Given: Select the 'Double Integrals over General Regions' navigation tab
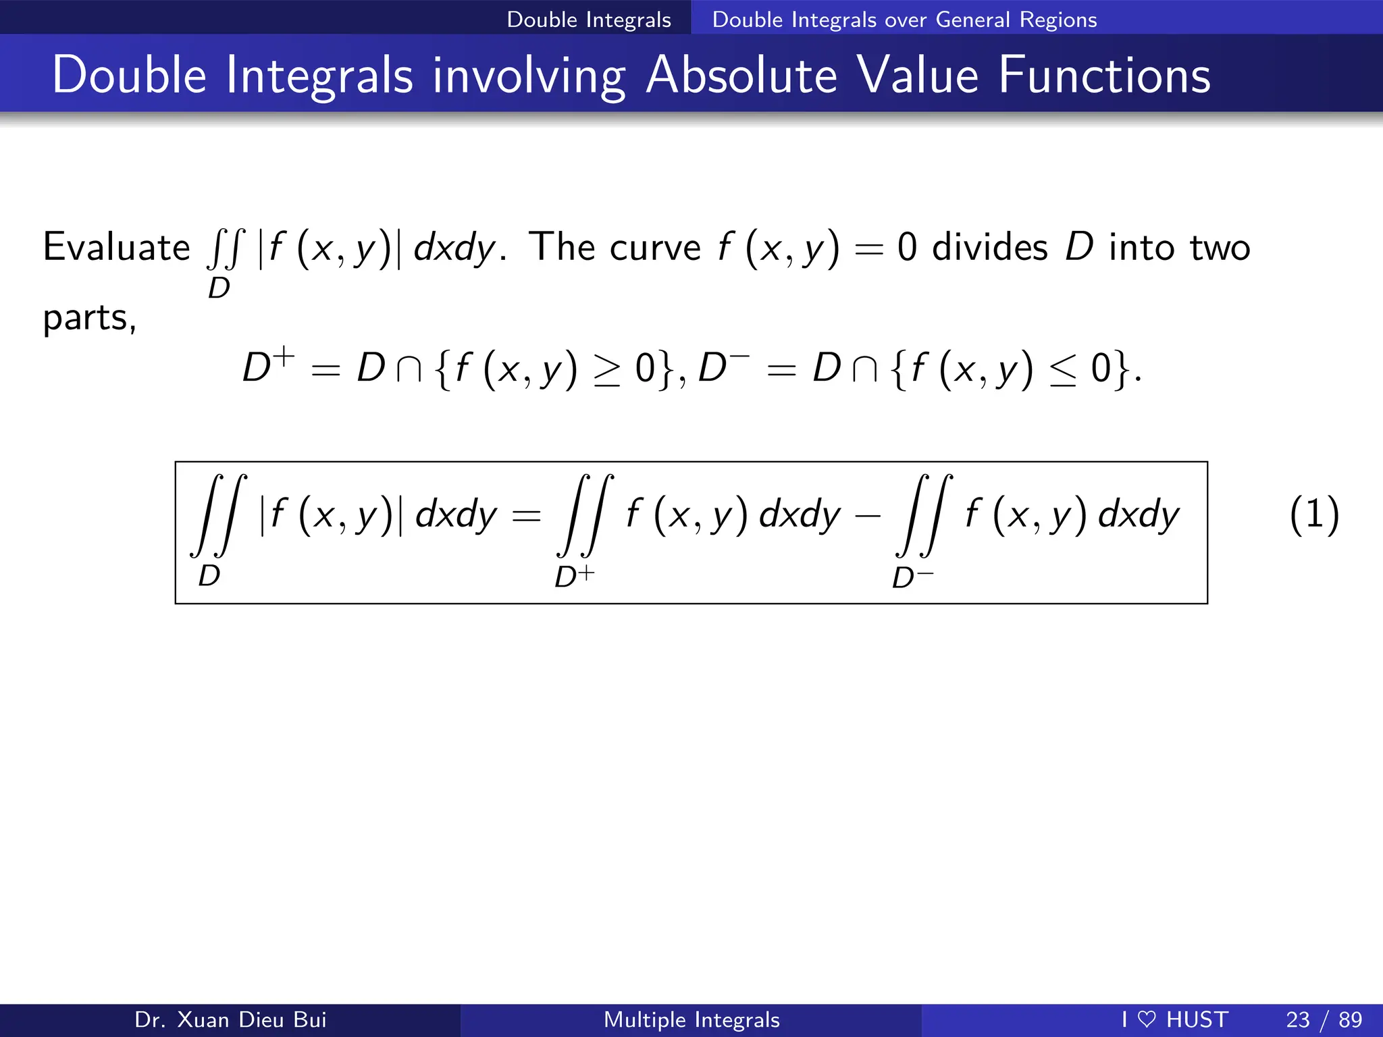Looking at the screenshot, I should pyautogui.click(x=904, y=20).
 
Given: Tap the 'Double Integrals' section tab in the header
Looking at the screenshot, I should pyautogui.click(x=589, y=20).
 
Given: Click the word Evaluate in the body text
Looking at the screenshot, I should pyautogui.click(x=116, y=247).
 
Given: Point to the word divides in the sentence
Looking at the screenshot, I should pyautogui.click(x=989, y=247).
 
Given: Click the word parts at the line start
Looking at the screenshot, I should pyautogui.click(x=88, y=318).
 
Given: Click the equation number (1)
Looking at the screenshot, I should pyautogui.click(x=1313, y=514).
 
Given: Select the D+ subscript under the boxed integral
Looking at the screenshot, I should pyautogui.click(x=574, y=577).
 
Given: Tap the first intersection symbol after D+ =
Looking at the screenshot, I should pyautogui.click(x=409, y=370).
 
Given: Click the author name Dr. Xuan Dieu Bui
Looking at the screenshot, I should pyautogui.click(x=230, y=1019).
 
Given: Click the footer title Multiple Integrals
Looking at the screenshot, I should pyautogui.click(x=691, y=1019).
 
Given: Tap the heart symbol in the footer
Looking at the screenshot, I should pyautogui.click(x=1147, y=1019).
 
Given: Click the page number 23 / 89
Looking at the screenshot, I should pyautogui.click(x=1324, y=1019).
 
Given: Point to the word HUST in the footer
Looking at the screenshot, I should pyautogui.click(x=1197, y=1019).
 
